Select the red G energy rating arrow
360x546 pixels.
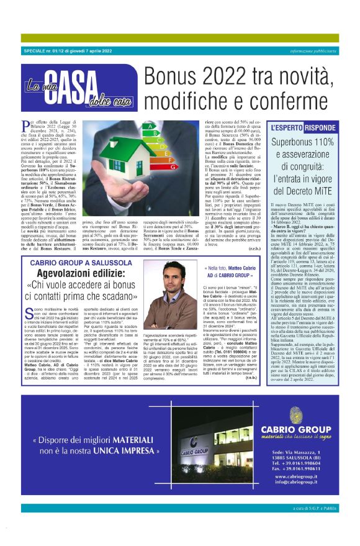(172, 166)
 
